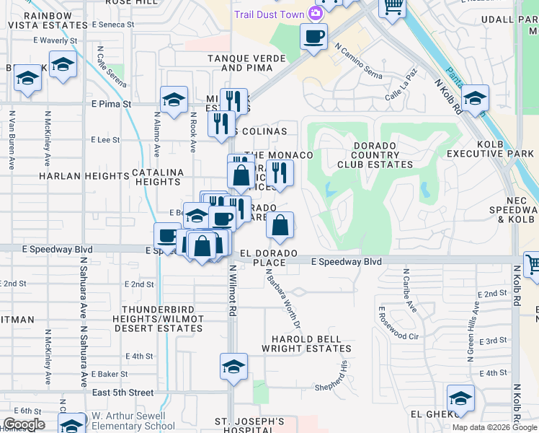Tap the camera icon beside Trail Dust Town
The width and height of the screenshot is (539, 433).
[x=315, y=13]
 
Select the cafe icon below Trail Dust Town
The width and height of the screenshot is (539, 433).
[x=314, y=36]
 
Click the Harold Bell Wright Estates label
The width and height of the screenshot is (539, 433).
[x=311, y=344]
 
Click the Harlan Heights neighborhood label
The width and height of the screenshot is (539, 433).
[x=84, y=175]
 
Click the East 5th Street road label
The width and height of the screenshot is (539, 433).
[x=123, y=393]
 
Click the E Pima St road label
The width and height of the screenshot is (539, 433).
[x=111, y=104]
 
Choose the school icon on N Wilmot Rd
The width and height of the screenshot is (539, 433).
[x=233, y=367]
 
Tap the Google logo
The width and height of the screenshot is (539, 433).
[x=24, y=424]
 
